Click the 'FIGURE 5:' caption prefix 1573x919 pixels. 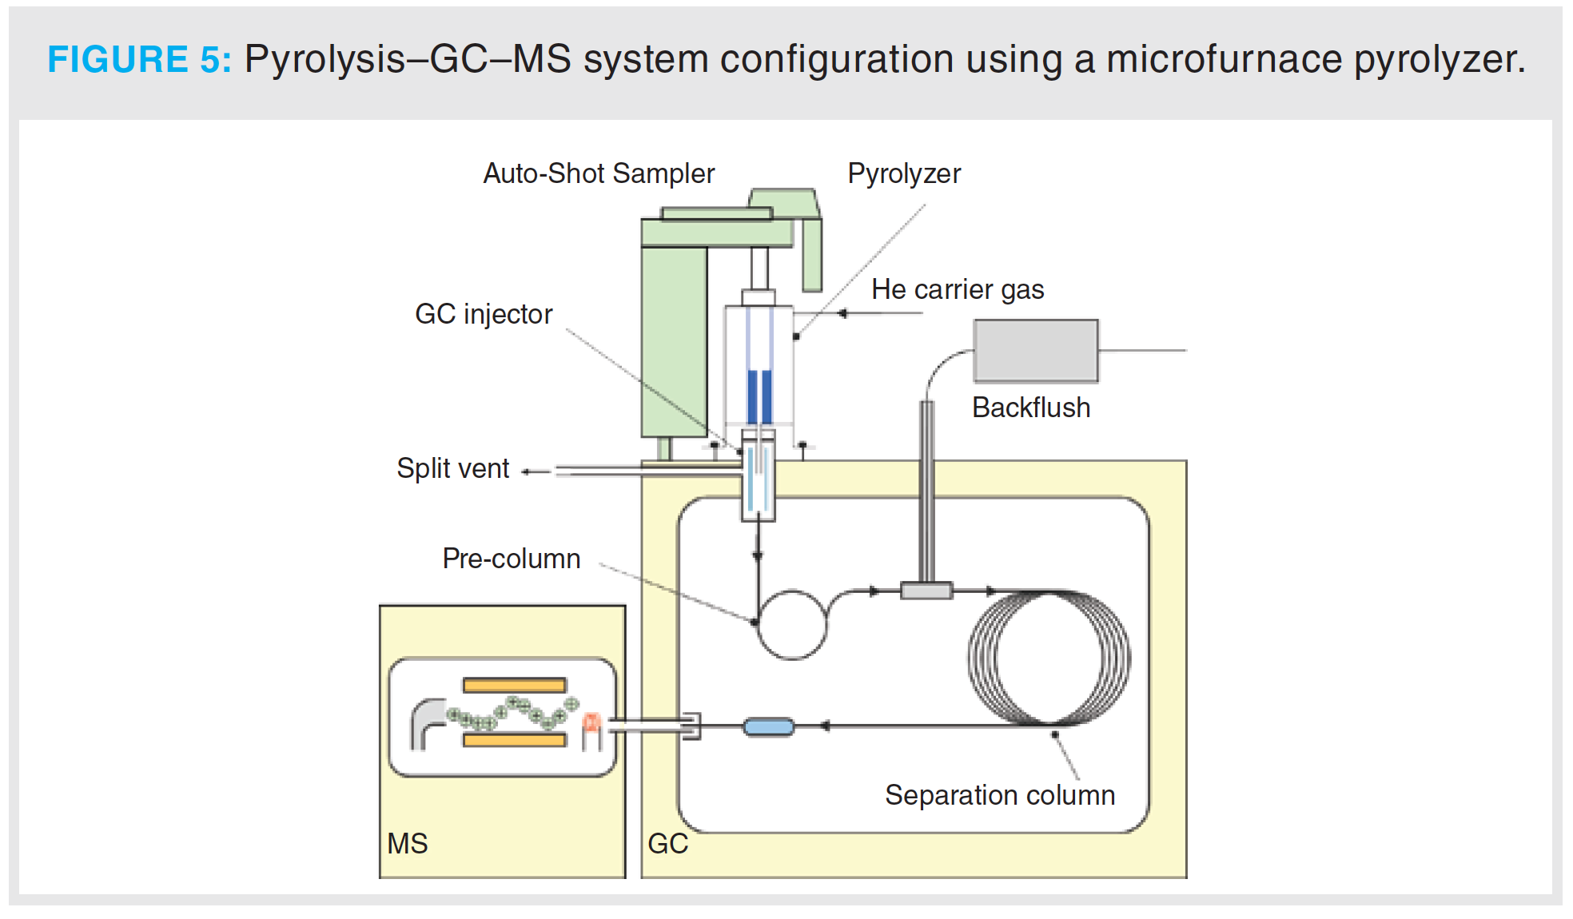click(139, 59)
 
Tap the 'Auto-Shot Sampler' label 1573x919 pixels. click(599, 173)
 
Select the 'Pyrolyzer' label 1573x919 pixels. click(904, 173)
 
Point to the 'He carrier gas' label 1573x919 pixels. click(958, 289)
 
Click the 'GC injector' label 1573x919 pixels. click(484, 314)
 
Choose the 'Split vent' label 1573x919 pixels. click(452, 468)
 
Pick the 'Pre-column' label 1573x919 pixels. click(512, 559)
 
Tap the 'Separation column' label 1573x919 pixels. click(1000, 795)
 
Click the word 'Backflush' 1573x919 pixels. click(1031, 408)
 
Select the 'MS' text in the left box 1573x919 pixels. click(408, 844)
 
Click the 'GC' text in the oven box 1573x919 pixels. click(667, 844)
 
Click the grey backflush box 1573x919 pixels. click(1036, 351)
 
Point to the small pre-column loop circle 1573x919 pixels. click(792, 624)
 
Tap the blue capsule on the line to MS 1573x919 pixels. click(769, 726)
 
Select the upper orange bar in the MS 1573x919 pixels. click(515, 685)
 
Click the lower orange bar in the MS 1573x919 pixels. click(515, 740)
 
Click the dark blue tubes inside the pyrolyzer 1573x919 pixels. click(759, 396)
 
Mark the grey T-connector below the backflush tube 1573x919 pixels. click(926, 591)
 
